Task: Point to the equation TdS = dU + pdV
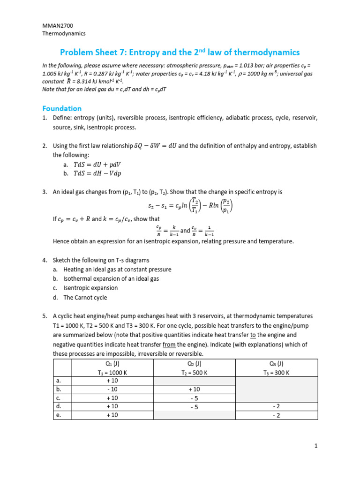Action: pyautogui.click(x=97, y=165)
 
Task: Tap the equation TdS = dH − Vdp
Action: pyautogui.click(x=97, y=173)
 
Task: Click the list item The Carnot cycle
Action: pyautogui.click(x=85, y=298)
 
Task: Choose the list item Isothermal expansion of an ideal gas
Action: pyautogui.click(x=111, y=278)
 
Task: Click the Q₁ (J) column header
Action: pyautogui.click(x=112, y=364)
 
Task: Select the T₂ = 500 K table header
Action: pyautogui.click(x=194, y=373)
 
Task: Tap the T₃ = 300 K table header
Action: pyautogui.click(x=276, y=373)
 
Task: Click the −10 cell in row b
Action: pyautogui.click(x=112, y=390)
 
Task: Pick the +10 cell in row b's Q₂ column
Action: pyautogui.click(x=194, y=390)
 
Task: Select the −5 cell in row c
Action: pyautogui.click(x=194, y=398)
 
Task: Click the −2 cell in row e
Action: pyautogui.click(x=276, y=415)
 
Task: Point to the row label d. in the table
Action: pyautogui.click(x=59, y=406)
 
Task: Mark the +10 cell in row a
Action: pyautogui.click(x=112, y=381)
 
